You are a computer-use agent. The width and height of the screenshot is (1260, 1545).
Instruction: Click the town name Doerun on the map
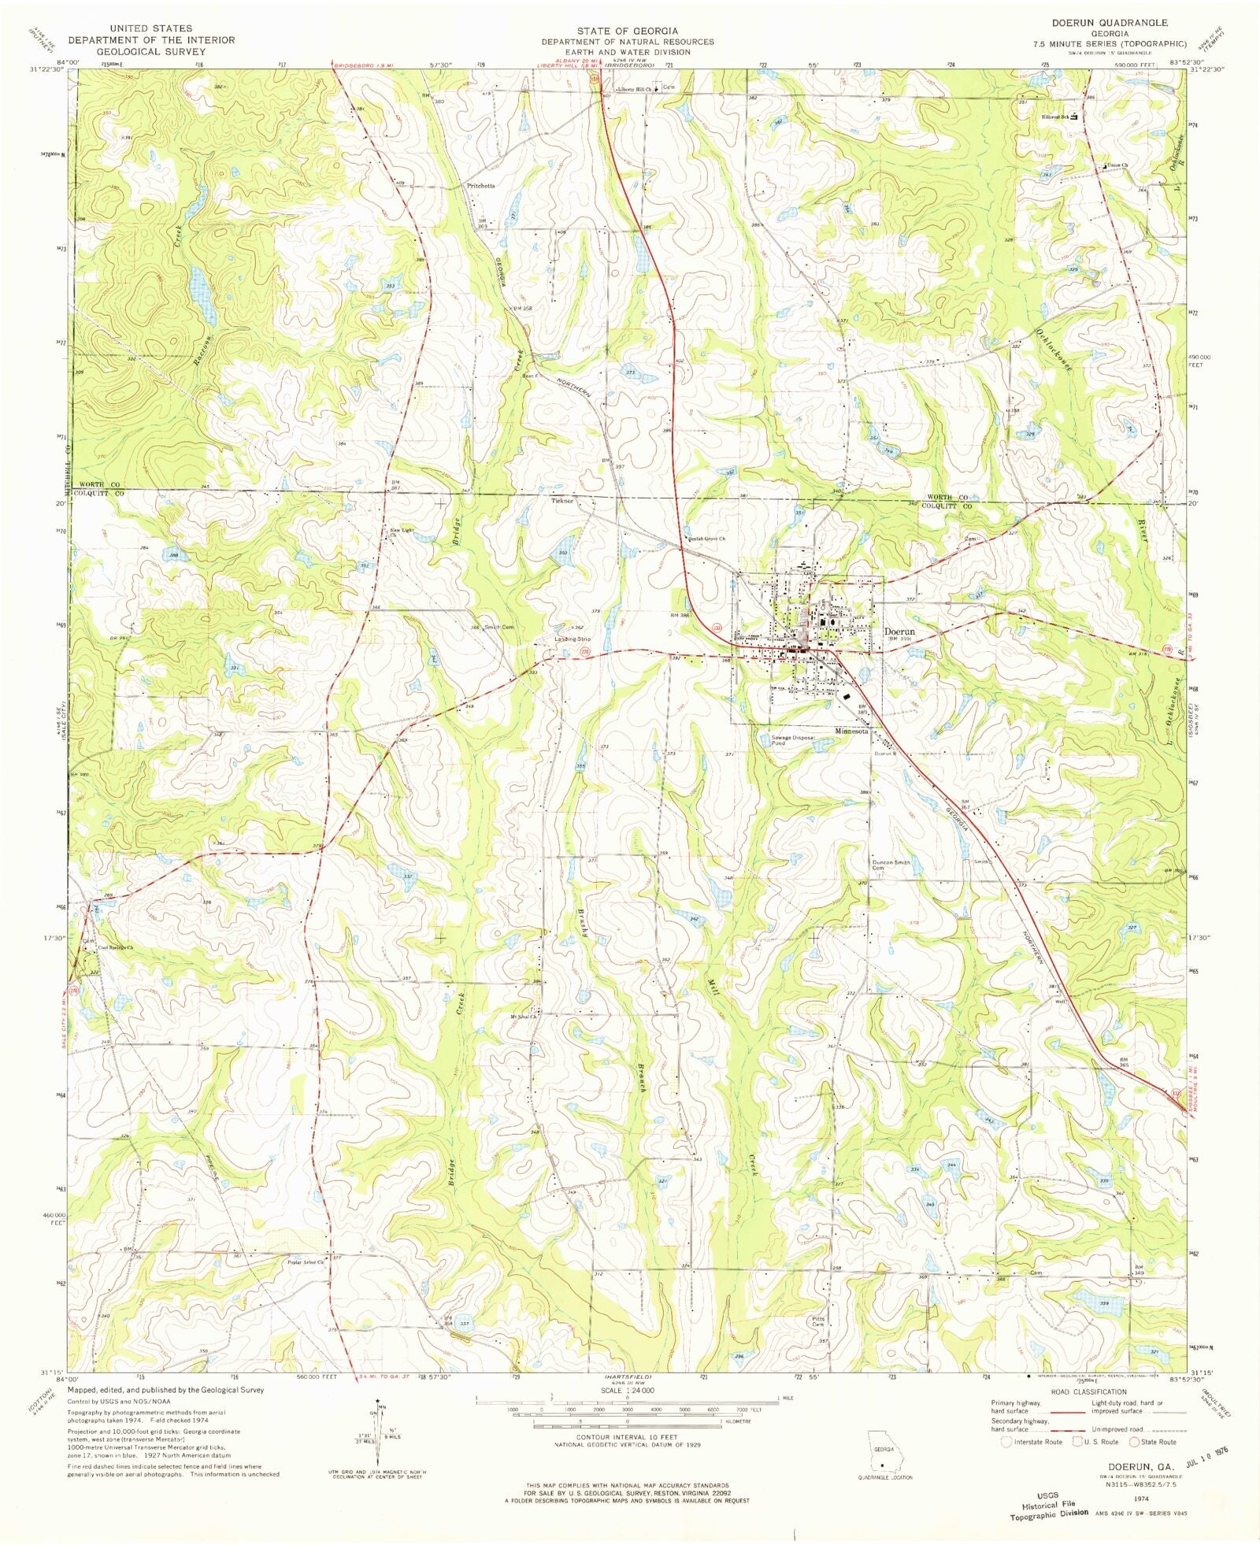coord(899,631)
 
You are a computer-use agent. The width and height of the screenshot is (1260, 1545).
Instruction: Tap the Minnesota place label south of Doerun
coord(852,731)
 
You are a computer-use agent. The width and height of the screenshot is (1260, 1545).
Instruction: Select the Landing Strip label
coord(573,639)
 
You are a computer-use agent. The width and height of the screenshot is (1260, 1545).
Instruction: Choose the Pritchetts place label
coord(480,186)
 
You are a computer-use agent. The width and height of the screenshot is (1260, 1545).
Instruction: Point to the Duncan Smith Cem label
coord(891,865)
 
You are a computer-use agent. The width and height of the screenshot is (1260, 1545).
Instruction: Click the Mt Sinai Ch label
coord(523,1016)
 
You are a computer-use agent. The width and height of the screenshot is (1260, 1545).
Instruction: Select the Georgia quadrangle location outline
coord(882,1451)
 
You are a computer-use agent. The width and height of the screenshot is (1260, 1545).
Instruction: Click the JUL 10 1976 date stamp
coord(1195,1451)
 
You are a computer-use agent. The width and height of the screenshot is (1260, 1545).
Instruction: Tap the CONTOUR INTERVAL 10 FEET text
coord(627,1438)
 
